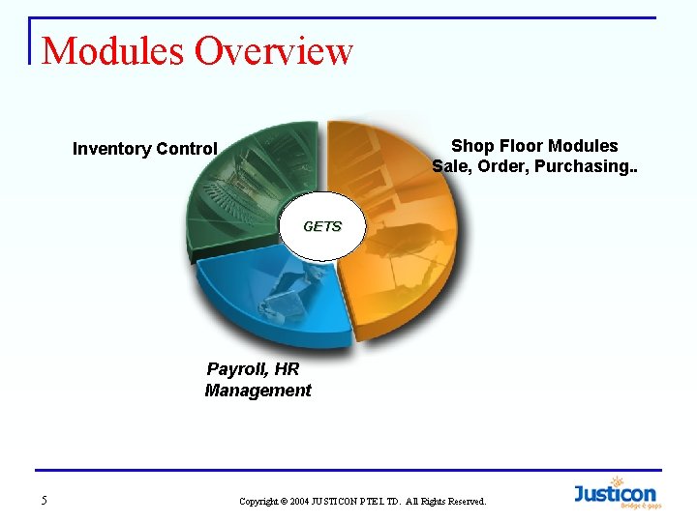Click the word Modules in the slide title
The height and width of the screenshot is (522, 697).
(x=115, y=50)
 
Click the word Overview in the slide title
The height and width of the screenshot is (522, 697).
(x=274, y=50)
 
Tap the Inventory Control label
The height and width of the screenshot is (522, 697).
(x=144, y=149)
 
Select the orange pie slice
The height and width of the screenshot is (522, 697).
(x=407, y=242)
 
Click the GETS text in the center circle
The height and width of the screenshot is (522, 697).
(x=322, y=226)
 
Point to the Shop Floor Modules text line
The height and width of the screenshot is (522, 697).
(x=534, y=146)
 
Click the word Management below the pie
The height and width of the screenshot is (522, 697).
(x=258, y=391)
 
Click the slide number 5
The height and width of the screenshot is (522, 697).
(x=44, y=500)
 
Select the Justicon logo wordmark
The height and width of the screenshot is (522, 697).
(x=615, y=494)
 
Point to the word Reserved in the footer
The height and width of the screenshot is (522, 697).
(x=464, y=502)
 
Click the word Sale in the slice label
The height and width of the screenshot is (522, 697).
(x=451, y=166)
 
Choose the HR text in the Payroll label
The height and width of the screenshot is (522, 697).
(x=288, y=369)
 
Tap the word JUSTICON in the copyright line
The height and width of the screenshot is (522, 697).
(x=338, y=502)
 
